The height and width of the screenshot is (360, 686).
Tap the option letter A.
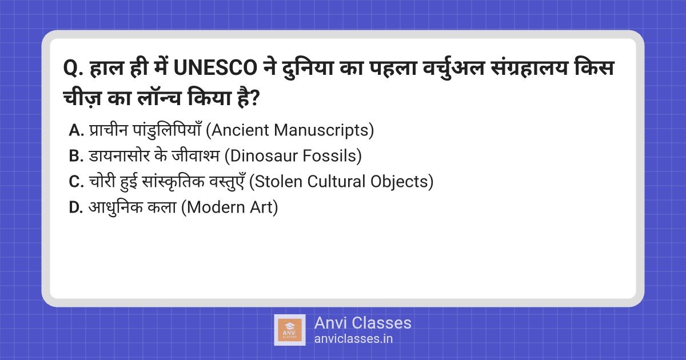point(76,131)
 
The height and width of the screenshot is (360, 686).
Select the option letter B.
point(76,157)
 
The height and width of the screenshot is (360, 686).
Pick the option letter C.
point(76,182)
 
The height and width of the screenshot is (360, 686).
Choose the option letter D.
point(76,208)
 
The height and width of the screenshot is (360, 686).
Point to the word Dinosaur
point(261,157)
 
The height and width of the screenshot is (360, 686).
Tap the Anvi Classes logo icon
point(289,330)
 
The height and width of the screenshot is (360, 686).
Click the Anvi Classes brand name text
point(362,323)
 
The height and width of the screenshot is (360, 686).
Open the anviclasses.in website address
point(353,339)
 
